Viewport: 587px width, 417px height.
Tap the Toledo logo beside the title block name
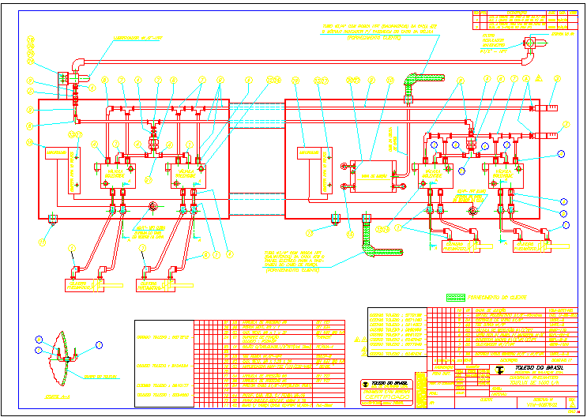click(x=499, y=369)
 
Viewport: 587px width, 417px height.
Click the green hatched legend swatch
click(x=455, y=298)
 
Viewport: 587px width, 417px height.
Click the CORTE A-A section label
click(x=56, y=395)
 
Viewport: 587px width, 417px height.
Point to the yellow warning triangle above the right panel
click(x=538, y=79)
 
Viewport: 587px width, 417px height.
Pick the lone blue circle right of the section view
click(x=99, y=344)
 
